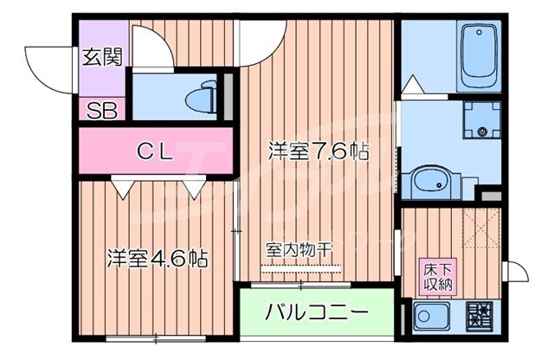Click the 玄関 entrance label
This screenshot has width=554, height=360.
(101, 57)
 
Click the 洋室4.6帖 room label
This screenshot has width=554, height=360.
(158, 258)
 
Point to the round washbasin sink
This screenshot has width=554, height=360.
(428, 182)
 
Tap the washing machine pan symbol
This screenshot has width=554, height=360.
(480, 120)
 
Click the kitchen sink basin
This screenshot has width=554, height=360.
(430, 316)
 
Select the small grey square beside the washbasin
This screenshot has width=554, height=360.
(491, 198)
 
